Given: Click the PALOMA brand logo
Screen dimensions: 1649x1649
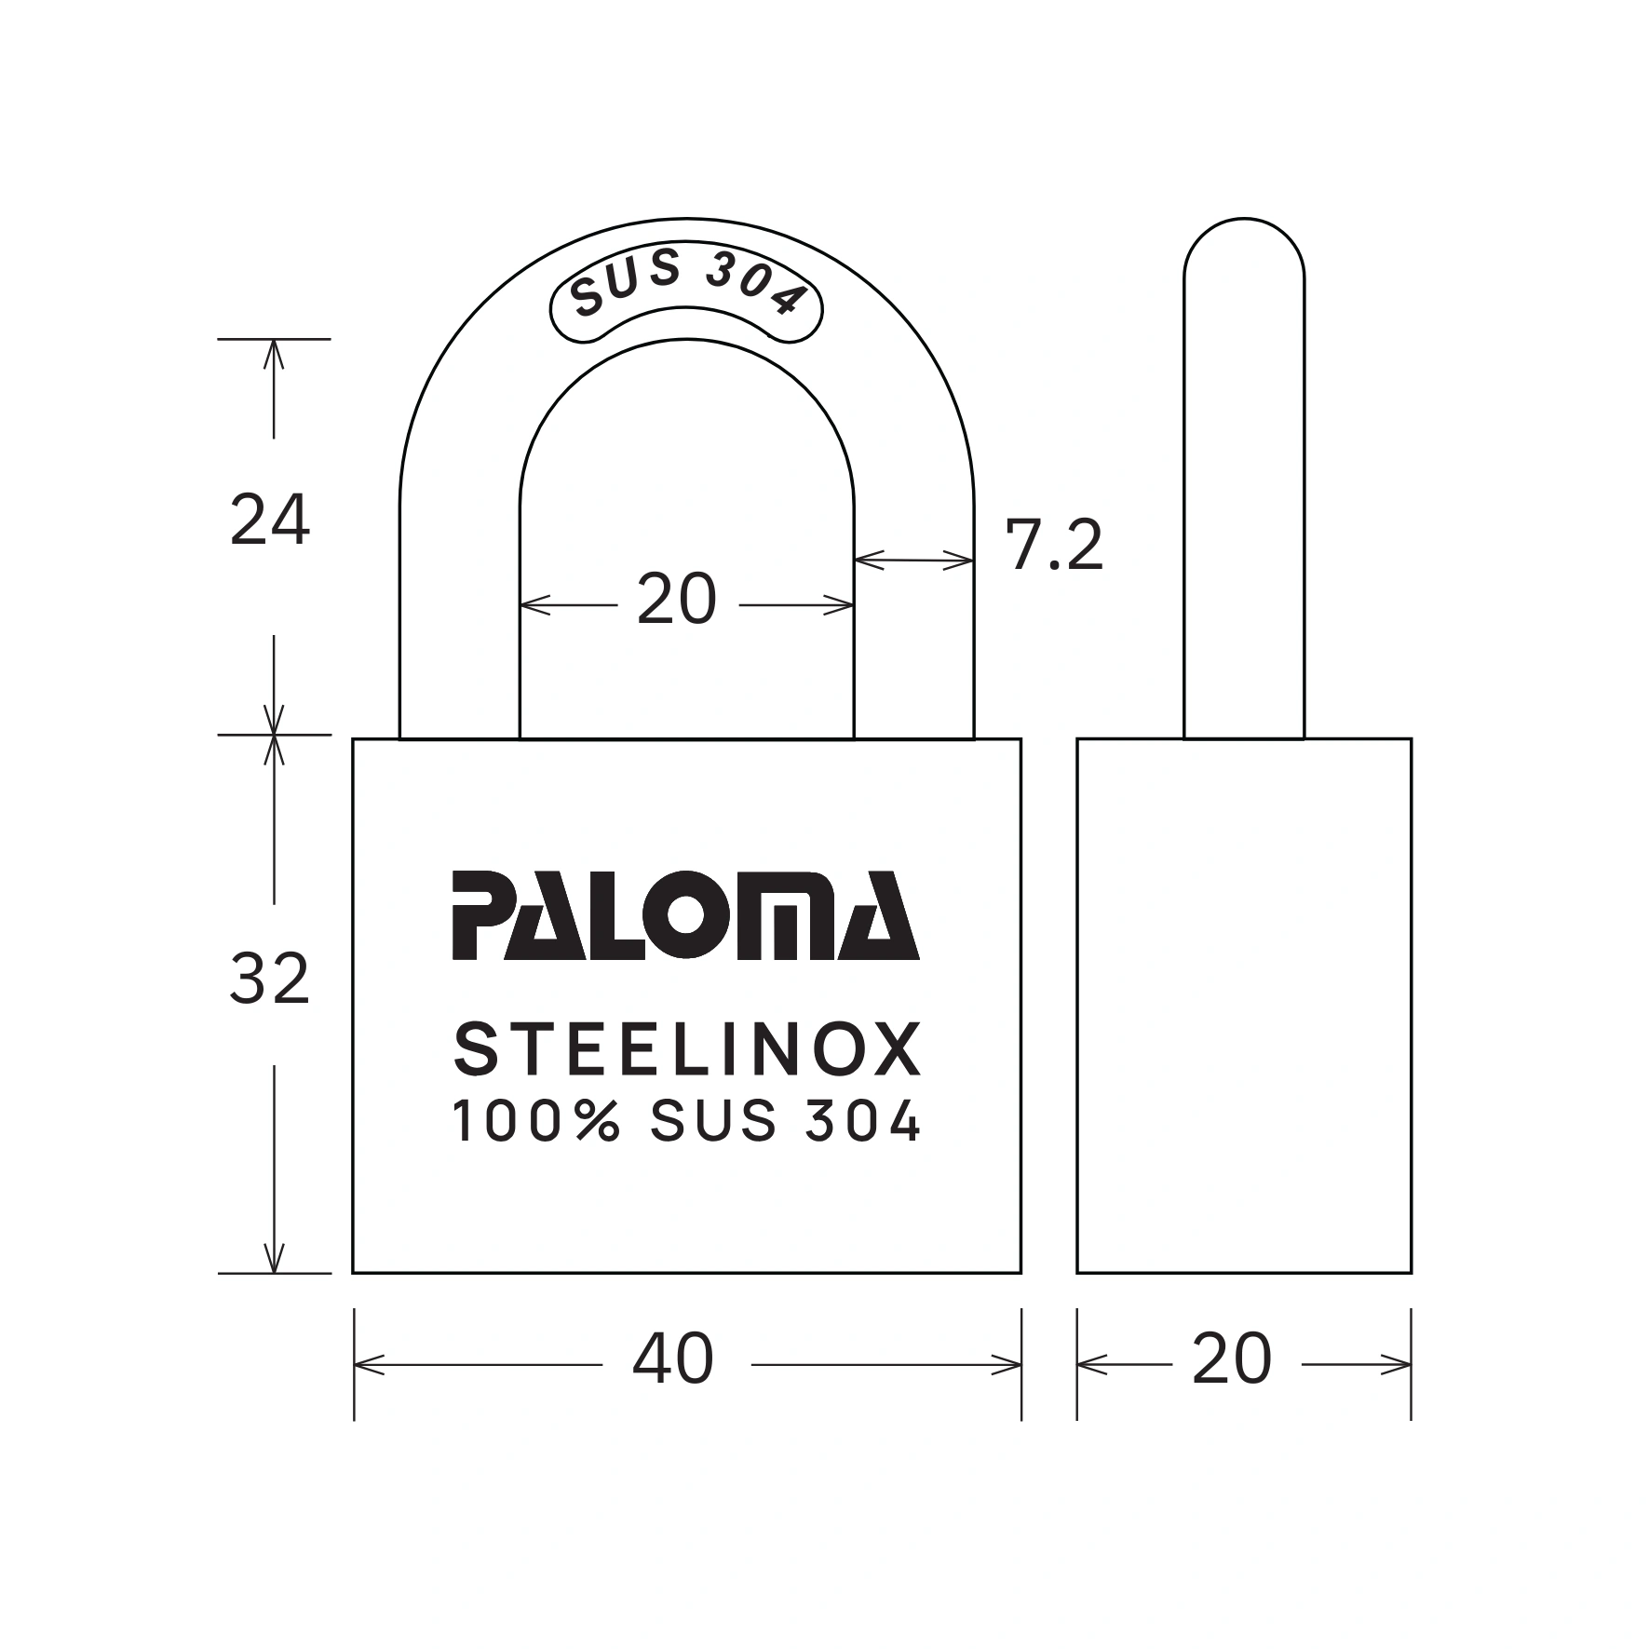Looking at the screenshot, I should [x=685, y=916].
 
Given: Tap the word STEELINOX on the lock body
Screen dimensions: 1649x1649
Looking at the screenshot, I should [x=687, y=1049].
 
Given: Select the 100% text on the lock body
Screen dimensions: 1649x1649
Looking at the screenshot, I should [x=536, y=1122].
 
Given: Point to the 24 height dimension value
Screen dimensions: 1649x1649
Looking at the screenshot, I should [x=269, y=521].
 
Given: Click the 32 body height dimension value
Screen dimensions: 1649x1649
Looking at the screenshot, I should [x=269, y=980].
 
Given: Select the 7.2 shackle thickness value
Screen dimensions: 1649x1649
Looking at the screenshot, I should [x=1053, y=547].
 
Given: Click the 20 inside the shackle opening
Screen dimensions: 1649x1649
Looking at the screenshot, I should [x=677, y=600].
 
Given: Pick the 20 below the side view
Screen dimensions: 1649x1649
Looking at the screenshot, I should [x=1231, y=1359].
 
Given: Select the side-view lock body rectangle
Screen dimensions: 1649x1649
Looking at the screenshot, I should [x=1243, y=1006].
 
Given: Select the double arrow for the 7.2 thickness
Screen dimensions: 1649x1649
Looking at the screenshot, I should [x=913, y=560].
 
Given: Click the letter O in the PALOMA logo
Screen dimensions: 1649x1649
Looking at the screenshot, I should [x=685, y=917].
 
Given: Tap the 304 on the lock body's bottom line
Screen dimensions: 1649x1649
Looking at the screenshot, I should [x=860, y=1122].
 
